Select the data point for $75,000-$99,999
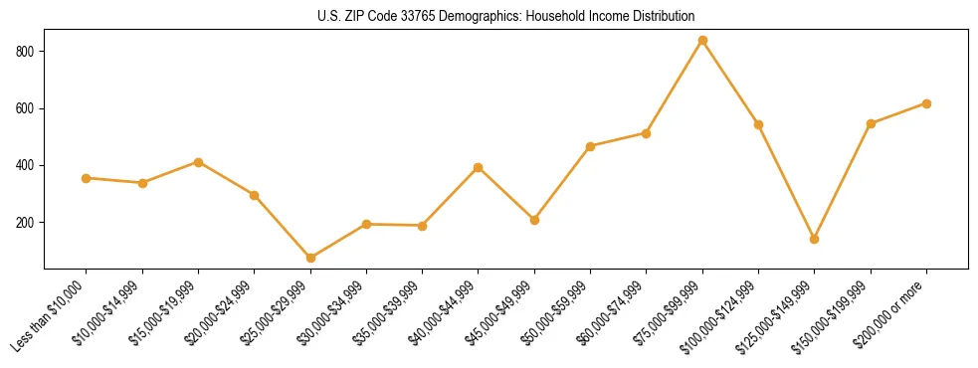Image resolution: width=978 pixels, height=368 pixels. pos(702,41)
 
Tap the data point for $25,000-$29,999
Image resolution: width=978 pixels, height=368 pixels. pos(310,258)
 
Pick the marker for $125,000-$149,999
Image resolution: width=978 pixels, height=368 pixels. pos(815,239)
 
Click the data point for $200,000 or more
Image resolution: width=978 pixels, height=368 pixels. pos(926,103)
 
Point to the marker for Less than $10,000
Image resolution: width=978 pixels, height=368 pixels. pos(87,178)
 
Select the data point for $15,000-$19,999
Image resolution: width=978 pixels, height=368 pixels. pos(199,162)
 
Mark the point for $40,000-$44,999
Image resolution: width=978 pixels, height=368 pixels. pos(479,167)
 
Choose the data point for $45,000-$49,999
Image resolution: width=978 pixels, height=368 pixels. pos(534,220)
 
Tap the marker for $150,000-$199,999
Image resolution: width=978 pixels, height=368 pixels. pos(871,123)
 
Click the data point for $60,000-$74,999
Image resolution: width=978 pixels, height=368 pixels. pos(647,132)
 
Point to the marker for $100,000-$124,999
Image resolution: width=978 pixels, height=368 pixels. pos(758,124)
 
